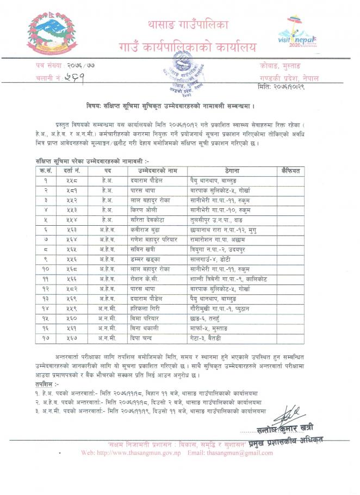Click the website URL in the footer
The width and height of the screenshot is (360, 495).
(x=132, y=452)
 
